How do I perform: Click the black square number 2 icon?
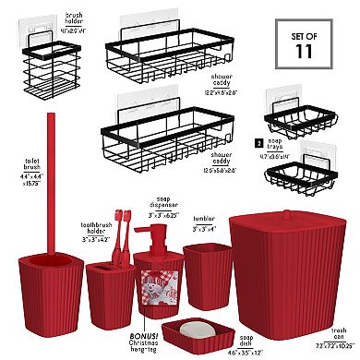point(257,143)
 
